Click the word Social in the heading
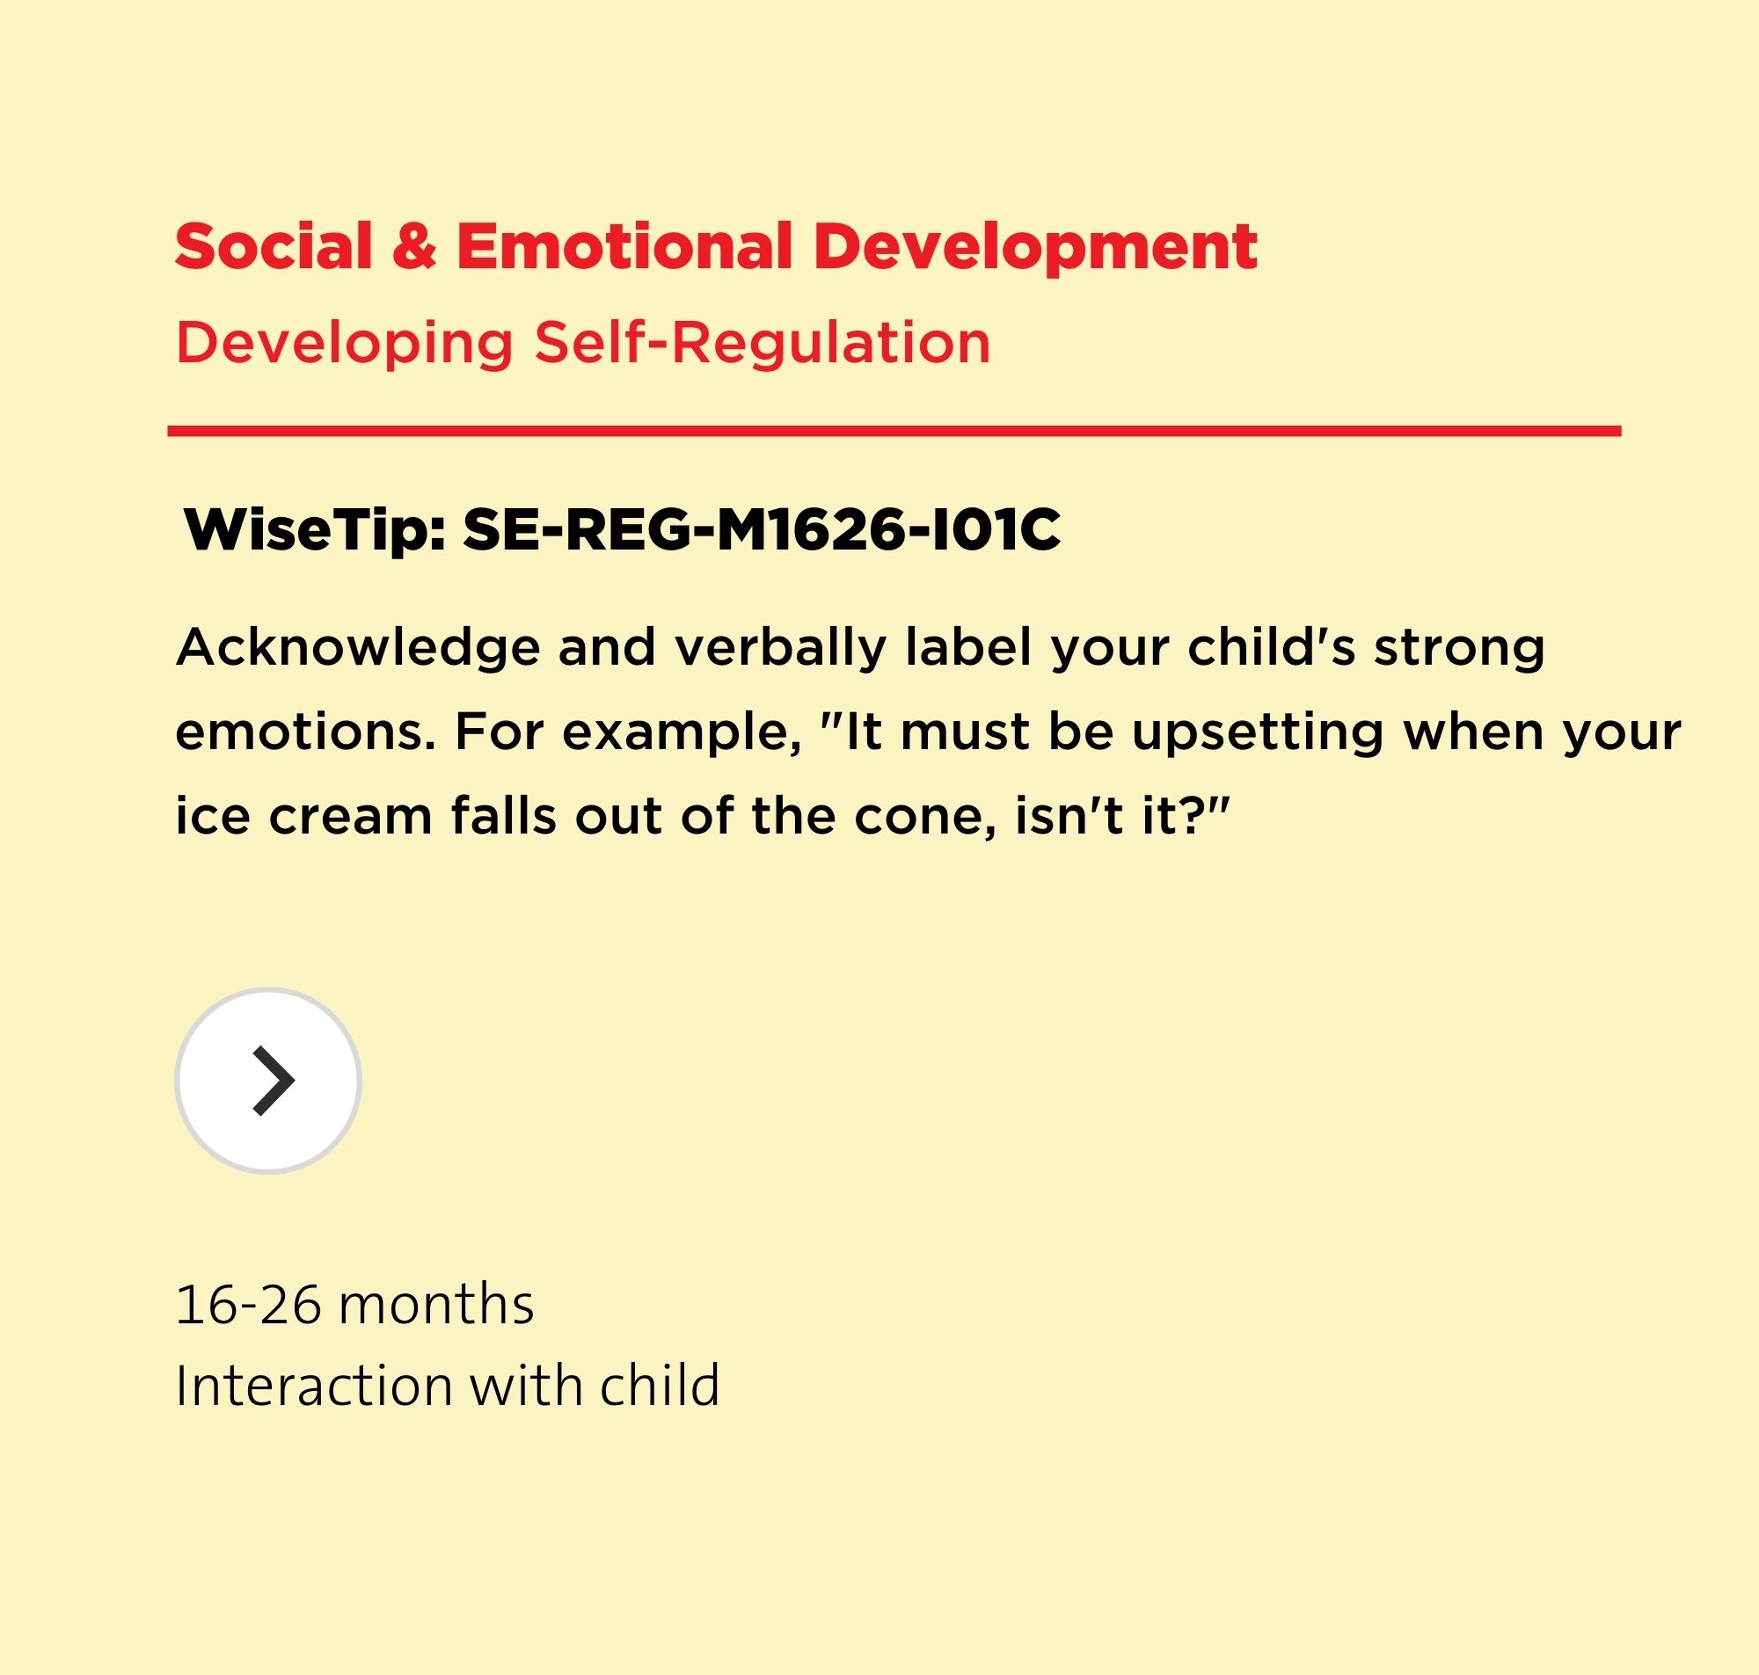point(274,245)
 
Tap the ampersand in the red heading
point(414,246)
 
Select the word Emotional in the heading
point(624,245)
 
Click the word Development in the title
point(1035,250)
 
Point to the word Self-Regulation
point(763,344)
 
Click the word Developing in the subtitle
point(345,344)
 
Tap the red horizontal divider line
point(894,431)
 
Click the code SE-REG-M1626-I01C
point(762,530)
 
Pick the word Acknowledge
point(358,647)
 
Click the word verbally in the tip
point(780,647)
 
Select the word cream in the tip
point(350,818)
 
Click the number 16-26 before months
point(248,1305)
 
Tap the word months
point(436,1305)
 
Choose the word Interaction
point(314,1386)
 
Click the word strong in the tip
point(1460,649)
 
